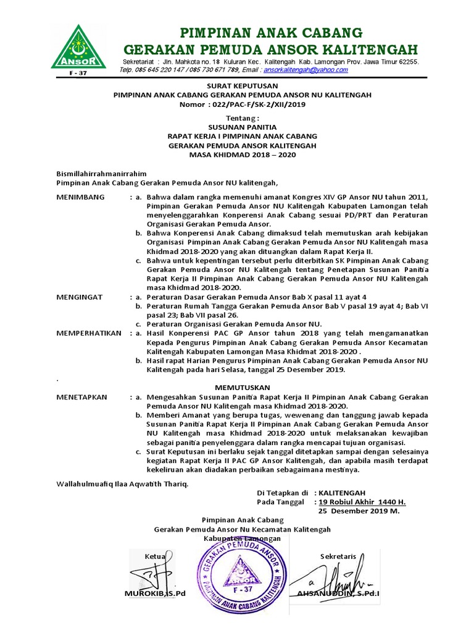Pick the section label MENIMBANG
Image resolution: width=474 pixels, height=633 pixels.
tap(81, 197)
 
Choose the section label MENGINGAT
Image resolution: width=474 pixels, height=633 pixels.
tap(80, 297)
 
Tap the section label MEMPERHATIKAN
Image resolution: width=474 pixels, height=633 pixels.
tap(89, 333)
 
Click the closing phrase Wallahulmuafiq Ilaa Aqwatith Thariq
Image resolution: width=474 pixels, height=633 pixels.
tap(122, 483)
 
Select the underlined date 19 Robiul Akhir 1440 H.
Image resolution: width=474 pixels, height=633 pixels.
tap(362, 503)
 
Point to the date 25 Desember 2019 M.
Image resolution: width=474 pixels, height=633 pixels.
tap(359, 512)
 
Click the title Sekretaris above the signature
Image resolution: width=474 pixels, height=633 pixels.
tap(338, 556)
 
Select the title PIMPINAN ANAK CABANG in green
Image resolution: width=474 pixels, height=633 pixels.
tap(270, 33)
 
